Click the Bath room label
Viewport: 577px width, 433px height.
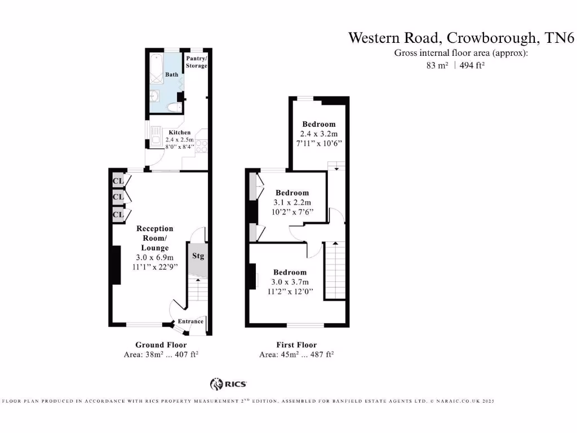(x=171, y=74)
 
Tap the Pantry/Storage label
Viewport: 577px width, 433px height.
(x=197, y=62)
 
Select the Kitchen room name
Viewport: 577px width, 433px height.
(x=179, y=132)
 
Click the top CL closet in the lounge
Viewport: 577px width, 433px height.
(x=118, y=181)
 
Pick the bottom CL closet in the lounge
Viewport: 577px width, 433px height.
(x=118, y=215)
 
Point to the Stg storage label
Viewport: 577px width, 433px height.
(x=198, y=257)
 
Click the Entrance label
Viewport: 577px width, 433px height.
(x=190, y=321)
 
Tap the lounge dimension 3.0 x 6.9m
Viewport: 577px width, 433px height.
(x=154, y=257)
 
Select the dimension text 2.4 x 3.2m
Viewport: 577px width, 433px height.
(x=318, y=134)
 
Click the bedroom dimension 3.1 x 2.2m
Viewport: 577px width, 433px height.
(x=292, y=202)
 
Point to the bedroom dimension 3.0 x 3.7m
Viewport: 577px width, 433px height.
(x=290, y=282)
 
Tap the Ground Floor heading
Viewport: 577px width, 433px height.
(x=161, y=345)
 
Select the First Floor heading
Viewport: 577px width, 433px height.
(x=296, y=345)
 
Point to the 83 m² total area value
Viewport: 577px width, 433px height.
(x=437, y=65)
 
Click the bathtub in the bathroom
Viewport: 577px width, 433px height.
(x=156, y=70)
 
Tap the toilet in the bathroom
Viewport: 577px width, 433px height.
(x=174, y=108)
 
